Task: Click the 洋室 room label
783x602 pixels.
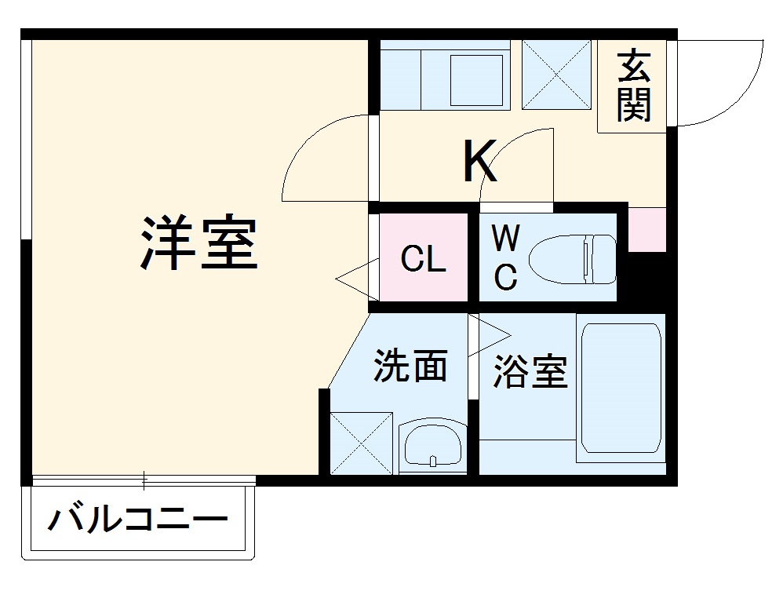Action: click(199, 243)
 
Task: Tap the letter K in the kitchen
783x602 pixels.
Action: click(479, 162)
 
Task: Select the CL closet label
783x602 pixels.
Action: click(423, 259)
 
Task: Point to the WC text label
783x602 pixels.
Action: click(505, 257)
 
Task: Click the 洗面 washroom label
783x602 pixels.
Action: click(410, 366)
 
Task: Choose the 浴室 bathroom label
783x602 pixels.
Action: click(530, 371)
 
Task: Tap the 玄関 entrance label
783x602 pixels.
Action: click(633, 86)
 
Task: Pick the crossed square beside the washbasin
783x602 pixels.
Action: click(361, 443)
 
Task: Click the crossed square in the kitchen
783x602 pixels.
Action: click(556, 73)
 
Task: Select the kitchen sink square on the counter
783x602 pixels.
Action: click(476, 79)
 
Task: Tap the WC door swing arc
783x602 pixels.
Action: click(514, 161)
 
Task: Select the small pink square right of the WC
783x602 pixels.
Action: click(647, 230)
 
